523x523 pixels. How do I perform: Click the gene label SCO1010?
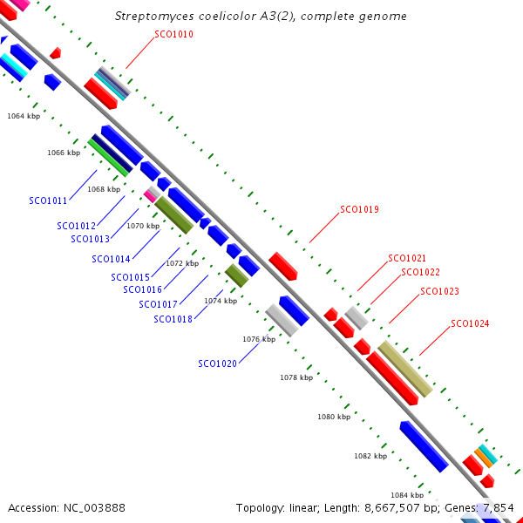coord(173,34)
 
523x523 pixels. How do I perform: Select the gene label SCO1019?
coord(359,209)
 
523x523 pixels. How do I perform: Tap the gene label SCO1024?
coord(470,323)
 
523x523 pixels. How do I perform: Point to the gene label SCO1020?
coord(217,363)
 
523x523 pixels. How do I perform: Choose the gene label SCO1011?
coord(48,200)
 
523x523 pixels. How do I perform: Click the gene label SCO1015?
coord(131,277)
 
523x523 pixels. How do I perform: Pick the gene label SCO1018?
coord(173,319)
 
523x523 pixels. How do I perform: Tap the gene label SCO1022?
coord(421,272)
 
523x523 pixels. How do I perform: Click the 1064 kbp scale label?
coord(24,116)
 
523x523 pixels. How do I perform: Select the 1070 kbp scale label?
coord(143,226)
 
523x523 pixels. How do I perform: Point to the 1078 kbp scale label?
coord(296,377)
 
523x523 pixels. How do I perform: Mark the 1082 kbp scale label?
coord(370,456)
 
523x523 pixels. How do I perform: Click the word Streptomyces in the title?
coord(154,16)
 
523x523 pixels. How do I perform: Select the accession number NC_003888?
coord(94,508)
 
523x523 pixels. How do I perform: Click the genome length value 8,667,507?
coord(392,508)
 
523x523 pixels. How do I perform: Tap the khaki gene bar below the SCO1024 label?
coord(405,369)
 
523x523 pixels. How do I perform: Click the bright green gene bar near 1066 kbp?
coord(108,158)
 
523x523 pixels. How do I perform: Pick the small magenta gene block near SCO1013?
coord(150,196)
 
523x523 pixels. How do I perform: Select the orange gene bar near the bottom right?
coord(484,458)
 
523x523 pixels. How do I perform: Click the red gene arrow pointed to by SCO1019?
coord(282,266)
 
